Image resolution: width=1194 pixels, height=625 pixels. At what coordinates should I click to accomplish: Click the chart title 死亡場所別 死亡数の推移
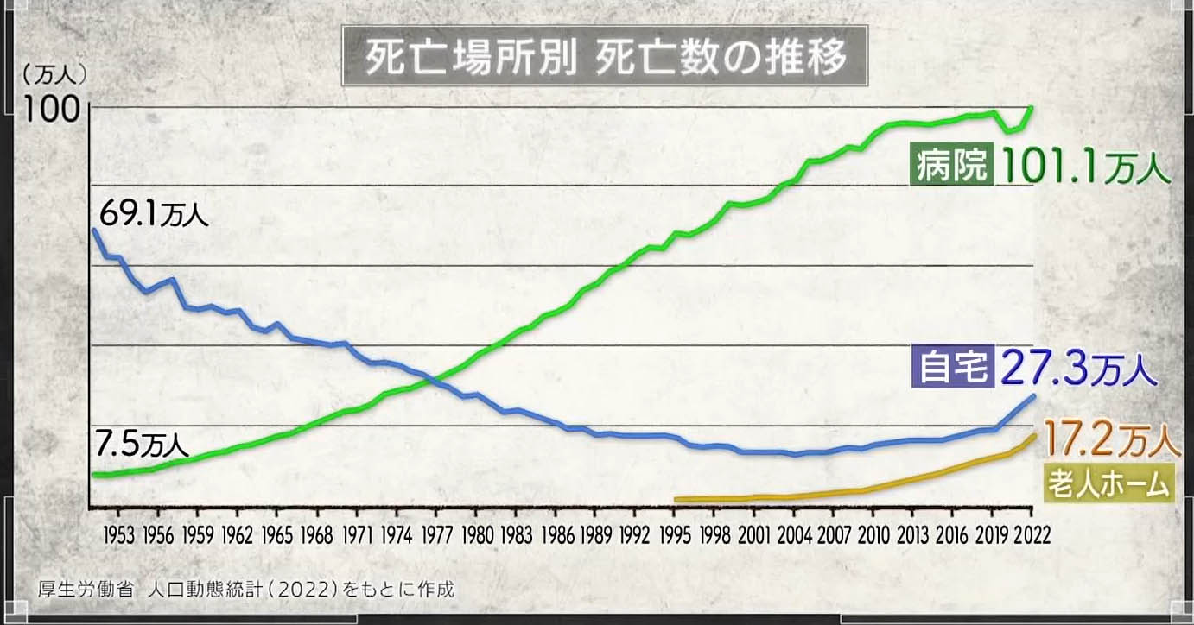[604, 58]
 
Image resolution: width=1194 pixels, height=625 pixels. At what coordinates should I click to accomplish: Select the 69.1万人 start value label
[154, 212]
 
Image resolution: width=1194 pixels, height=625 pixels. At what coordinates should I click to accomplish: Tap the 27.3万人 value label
[1077, 369]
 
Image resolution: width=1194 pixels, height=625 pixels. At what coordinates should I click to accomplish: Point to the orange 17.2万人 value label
[1110, 440]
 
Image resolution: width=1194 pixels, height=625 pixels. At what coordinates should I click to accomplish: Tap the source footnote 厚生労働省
[86, 590]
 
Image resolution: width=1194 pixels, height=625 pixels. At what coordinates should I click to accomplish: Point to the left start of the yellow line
[676, 499]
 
